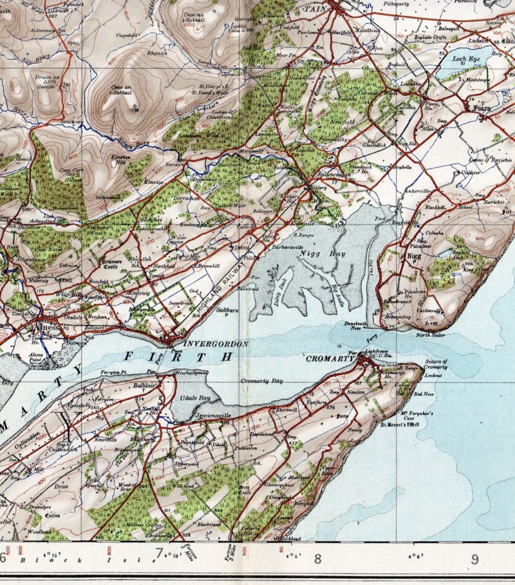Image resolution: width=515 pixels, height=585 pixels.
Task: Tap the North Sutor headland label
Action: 430,335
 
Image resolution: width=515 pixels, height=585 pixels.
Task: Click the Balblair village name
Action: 135,380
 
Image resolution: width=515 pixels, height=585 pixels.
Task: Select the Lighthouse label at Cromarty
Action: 377,351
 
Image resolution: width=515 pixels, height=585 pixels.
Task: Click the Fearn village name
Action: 482,109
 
